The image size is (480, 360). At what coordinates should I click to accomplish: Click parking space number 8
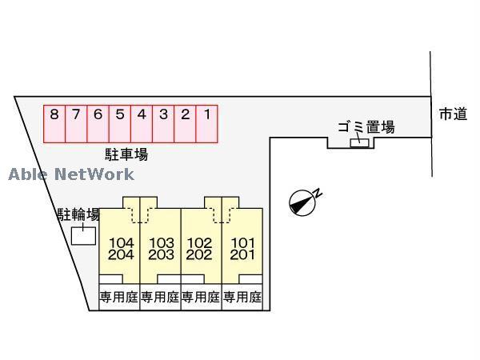(54, 124)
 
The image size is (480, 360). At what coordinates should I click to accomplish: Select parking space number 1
(206, 124)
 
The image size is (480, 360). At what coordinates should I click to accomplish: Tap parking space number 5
(119, 124)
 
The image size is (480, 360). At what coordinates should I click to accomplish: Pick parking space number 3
(163, 124)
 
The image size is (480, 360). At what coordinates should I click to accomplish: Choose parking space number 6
(98, 124)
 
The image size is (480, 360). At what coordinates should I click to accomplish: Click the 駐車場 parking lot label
(126, 154)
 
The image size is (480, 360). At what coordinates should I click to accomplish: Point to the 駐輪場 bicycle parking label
(78, 214)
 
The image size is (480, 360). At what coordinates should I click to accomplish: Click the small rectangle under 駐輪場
(82, 236)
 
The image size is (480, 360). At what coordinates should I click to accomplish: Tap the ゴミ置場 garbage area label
(365, 126)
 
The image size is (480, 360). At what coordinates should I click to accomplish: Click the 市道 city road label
(452, 114)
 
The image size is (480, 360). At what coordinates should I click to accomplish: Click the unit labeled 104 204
(120, 250)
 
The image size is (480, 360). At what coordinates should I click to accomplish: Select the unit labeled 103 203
(161, 250)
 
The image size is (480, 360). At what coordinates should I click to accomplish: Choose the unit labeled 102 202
(202, 250)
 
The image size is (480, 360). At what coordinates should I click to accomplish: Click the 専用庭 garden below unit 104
(118, 298)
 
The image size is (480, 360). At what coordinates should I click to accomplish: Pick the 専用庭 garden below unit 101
(242, 298)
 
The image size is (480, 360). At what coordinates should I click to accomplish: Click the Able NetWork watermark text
(71, 174)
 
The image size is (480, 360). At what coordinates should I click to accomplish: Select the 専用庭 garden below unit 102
(201, 298)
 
